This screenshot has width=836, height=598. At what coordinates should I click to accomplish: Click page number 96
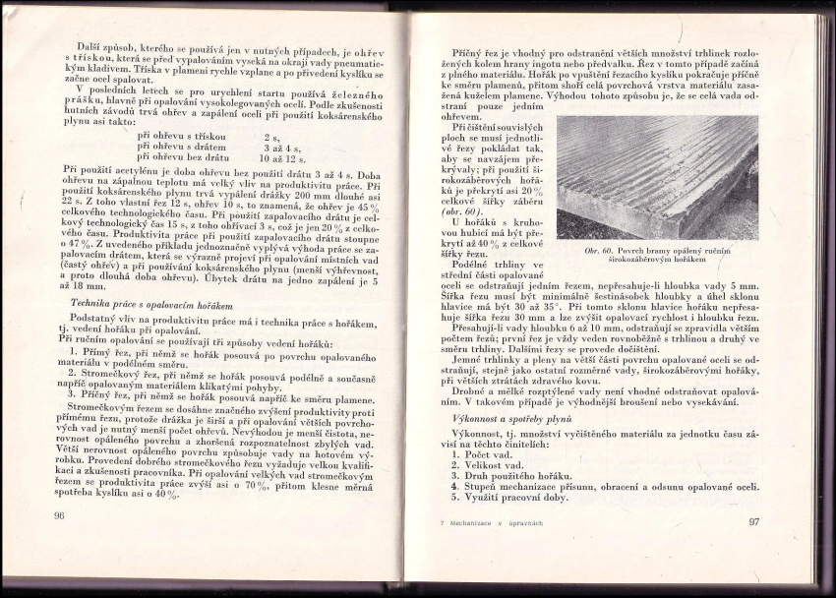pos(59,515)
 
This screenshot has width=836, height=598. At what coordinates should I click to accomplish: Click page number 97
pos(754,520)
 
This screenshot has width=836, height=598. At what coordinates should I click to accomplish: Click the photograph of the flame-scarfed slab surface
pos(656,177)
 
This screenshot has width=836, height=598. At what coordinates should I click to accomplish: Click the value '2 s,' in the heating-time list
pos(271,136)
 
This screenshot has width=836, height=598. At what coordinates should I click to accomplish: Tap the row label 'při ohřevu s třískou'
pos(182,136)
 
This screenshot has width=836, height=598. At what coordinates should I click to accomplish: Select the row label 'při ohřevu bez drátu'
pos(183,156)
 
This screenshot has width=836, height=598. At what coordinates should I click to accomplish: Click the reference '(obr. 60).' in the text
pos(461,210)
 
